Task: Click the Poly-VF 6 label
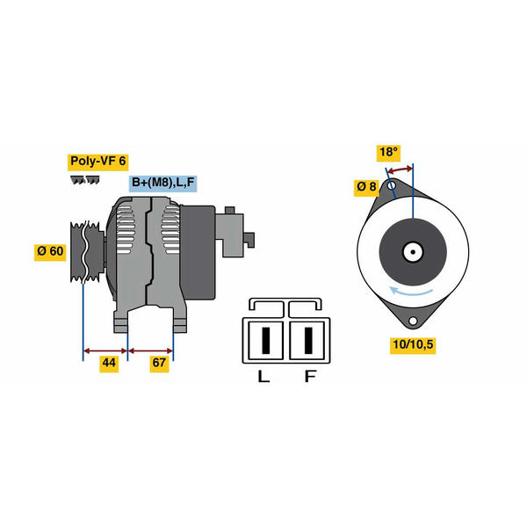click(97, 162)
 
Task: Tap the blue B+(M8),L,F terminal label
click(163, 183)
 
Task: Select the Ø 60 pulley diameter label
click(50, 251)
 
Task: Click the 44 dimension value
click(109, 363)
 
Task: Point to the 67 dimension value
click(159, 363)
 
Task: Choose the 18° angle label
click(388, 152)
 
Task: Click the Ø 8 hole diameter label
click(366, 186)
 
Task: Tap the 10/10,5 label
click(413, 345)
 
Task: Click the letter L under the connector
click(263, 377)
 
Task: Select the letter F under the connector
click(310, 377)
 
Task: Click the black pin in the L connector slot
click(266, 340)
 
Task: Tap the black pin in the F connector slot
click(308, 340)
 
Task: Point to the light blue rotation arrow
click(409, 292)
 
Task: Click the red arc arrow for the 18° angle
click(400, 170)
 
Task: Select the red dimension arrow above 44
click(105, 350)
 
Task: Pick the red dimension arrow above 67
click(150, 350)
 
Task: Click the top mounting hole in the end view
click(392, 185)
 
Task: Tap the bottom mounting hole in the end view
click(413, 321)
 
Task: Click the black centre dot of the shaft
click(413, 252)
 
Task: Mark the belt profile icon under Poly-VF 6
click(85, 180)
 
